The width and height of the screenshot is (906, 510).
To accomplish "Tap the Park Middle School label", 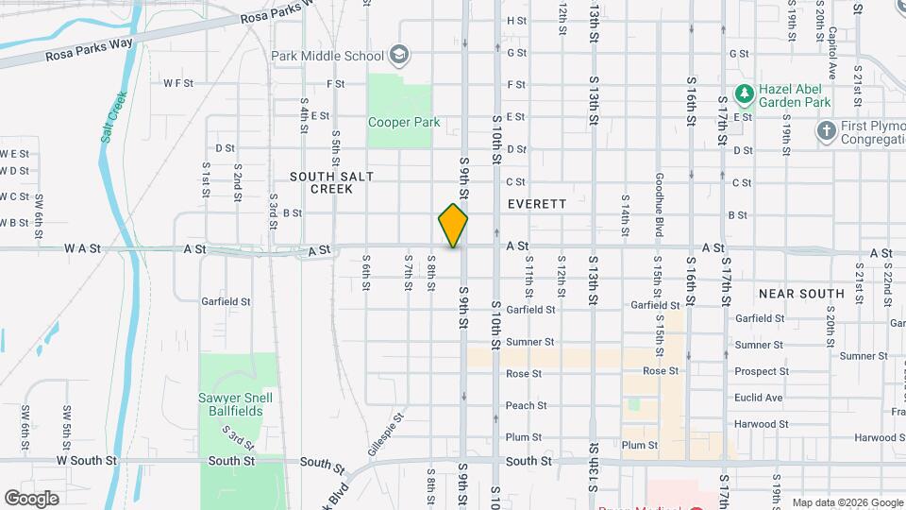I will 327,55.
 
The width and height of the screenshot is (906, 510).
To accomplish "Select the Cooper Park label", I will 404,122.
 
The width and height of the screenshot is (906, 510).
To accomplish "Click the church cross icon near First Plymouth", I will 827,130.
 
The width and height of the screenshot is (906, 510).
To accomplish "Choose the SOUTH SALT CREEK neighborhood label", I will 321,182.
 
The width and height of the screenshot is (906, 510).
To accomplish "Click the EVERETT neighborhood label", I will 536,204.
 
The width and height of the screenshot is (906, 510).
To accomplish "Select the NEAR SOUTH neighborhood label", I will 800,294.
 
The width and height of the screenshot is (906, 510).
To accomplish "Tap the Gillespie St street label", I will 393,430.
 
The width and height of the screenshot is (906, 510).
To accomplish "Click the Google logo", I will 31,498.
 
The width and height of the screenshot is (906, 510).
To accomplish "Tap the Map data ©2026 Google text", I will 847,502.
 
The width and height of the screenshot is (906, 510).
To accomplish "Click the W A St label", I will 82,248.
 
